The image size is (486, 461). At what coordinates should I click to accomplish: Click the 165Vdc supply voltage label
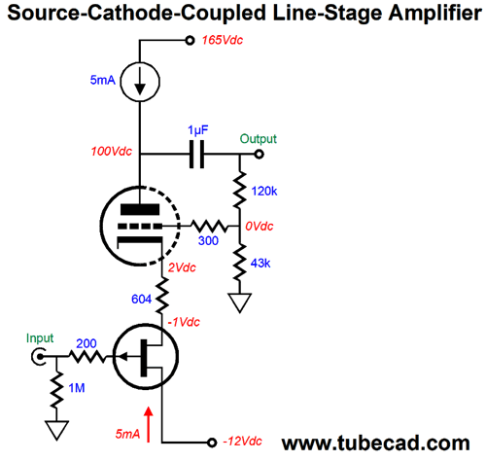pos(223,40)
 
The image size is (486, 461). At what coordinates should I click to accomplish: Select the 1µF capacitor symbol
pos(196,154)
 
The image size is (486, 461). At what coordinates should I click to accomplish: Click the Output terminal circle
pos(259,154)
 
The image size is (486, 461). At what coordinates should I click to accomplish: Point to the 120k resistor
pos(240,191)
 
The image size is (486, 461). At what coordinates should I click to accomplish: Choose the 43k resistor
pos(240,263)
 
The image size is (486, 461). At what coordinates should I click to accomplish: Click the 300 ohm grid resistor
pos(209,226)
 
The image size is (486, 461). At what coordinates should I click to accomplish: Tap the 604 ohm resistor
pos(161,295)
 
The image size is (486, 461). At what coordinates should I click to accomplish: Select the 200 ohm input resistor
pos(87,357)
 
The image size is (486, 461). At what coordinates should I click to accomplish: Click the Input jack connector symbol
pos(39,357)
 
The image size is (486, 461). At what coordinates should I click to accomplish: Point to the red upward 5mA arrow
pos(149,425)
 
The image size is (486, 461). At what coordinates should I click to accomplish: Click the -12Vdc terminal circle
pos(212,443)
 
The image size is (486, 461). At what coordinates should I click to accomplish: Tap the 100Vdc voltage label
pos(112,152)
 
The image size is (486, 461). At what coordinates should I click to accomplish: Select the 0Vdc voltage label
pos(260,226)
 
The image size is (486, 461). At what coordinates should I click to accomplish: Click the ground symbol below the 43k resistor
pos(240,302)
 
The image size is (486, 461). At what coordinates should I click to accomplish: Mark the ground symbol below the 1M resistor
pos(56,431)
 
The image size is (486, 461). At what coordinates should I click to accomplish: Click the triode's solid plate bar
pos(140,209)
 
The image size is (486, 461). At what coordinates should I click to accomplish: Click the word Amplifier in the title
pos(434,14)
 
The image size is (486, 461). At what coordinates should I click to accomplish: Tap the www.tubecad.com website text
pos(376,443)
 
